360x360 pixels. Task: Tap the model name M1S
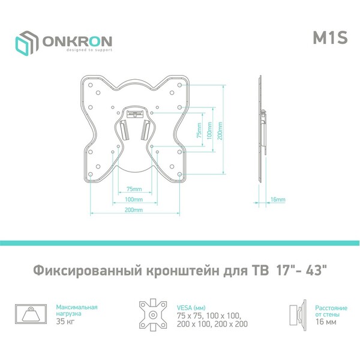coord(330,37)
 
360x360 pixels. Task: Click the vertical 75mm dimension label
coord(199,130)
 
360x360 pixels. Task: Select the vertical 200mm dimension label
coord(220,130)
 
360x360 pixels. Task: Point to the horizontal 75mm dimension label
coord(134,189)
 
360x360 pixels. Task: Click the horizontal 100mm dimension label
coord(134,199)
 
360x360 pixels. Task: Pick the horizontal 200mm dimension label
coord(134,209)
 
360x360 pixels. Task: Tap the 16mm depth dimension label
coord(278,199)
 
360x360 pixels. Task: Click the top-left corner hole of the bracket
coord(90,85)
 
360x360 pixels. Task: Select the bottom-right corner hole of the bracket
coord(180,174)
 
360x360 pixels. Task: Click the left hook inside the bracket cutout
coord(124,130)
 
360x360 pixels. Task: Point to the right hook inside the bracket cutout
coord(145,130)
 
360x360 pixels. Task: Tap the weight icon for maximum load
coord(31,314)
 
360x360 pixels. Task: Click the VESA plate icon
coord(153,315)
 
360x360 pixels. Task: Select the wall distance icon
coord(298,315)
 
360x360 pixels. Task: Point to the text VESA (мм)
coord(191,308)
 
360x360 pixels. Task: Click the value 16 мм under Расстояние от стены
coord(326,322)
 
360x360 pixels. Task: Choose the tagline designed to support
coord(89,50)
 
